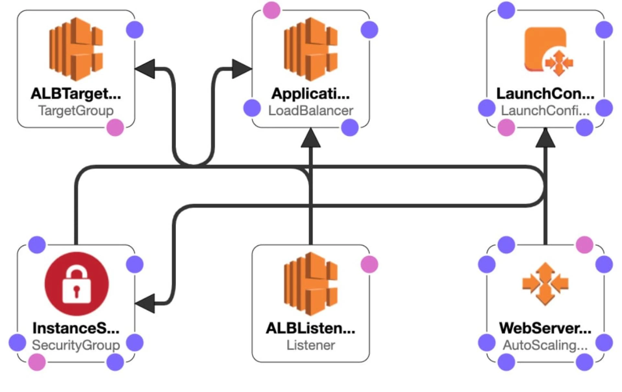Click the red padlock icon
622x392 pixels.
click(x=76, y=284)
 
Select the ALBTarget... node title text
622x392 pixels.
click(x=76, y=94)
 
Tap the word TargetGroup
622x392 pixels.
click(x=76, y=111)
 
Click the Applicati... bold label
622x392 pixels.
click(x=310, y=94)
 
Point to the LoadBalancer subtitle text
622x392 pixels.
click(x=310, y=111)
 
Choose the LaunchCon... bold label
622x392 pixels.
click(x=545, y=94)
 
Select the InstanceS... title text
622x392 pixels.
click(x=76, y=328)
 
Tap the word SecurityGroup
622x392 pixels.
click(x=76, y=345)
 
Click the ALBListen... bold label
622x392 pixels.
click(x=310, y=328)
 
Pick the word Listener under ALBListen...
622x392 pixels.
click(x=310, y=345)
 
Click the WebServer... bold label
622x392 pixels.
click(x=545, y=328)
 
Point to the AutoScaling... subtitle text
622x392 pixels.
click(x=545, y=345)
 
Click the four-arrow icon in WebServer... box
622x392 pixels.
click(x=545, y=284)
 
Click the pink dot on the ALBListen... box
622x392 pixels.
click(x=369, y=264)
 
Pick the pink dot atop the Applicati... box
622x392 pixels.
click(x=271, y=10)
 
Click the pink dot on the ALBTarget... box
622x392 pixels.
click(x=115, y=128)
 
